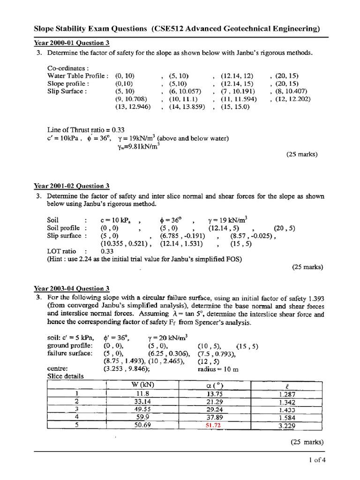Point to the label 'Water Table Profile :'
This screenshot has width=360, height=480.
tap(78, 75)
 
